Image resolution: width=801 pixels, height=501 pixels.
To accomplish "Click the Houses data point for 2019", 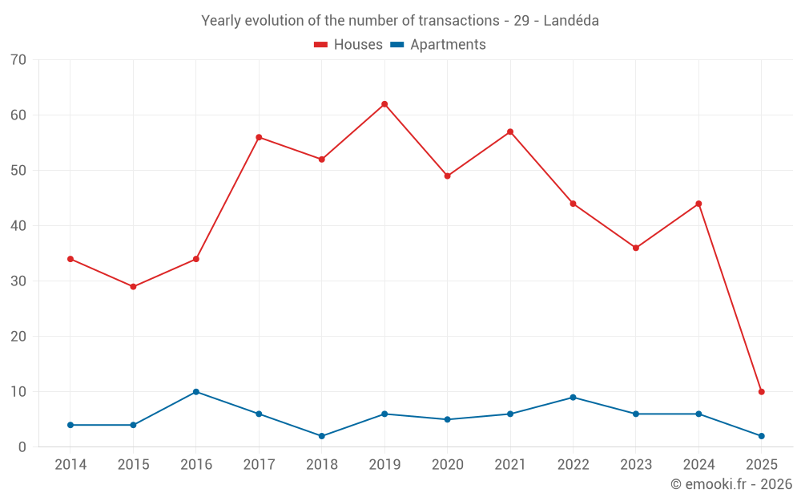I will pyautogui.click(x=384, y=104).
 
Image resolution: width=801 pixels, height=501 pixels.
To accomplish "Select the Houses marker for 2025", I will pyautogui.click(x=762, y=392).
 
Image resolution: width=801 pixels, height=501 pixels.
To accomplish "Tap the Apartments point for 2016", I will pyautogui.click(x=196, y=392).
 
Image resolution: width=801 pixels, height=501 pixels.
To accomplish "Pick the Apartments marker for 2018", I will pyautogui.click(x=322, y=436).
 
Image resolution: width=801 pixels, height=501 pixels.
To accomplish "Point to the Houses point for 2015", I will pyautogui.click(x=133, y=287).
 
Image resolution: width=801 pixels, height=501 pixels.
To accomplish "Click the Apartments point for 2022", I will pyautogui.click(x=573, y=398).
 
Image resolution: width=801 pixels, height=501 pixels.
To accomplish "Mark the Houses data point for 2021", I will pyautogui.click(x=510, y=131).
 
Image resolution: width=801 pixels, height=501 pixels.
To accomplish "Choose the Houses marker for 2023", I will pyautogui.click(x=636, y=248).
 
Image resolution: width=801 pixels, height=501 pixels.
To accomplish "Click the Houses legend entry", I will pyautogui.click(x=348, y=45).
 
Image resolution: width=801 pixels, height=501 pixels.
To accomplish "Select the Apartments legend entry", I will pyautogui.click(x=437, y=45).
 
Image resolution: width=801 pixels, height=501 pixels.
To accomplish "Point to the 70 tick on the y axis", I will pyautogui.click(x=19, y=60).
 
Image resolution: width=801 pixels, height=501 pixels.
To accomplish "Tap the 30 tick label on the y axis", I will pyautogui.click(x=19, y=281).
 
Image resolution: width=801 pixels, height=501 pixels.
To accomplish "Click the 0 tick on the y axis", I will pyautogui.click(x=22, y=447).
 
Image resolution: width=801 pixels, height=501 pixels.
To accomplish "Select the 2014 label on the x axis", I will pyautogui.click(x=70, y=465).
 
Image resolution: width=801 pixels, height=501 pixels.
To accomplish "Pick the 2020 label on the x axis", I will pyautogui.click(x=447, y=465).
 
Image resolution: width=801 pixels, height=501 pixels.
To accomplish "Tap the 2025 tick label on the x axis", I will pyautogui.click(x=762, y=465).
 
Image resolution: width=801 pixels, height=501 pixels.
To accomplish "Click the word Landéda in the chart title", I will pyautogui.click(x=571, y=21).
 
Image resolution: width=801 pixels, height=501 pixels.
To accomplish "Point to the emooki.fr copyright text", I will pyautogui.click(x=731, y=484).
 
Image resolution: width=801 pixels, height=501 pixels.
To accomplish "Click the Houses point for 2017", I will pyautogui.click(x=259, y=137).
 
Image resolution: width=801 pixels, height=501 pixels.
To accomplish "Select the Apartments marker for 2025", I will pyautogui.click(x=762, y=436).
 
